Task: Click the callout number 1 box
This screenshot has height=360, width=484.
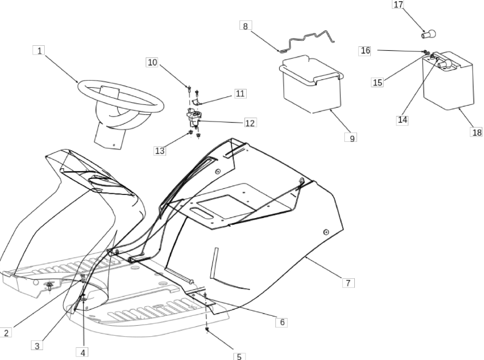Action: [39, 50]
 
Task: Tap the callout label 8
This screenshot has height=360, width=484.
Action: [246, 25]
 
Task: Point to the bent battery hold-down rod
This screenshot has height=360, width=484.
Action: [307, 41]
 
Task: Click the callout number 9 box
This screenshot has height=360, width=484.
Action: [351, 137]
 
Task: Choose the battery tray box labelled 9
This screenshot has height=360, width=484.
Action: [312, 84]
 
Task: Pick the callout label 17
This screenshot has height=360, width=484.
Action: [398, 4]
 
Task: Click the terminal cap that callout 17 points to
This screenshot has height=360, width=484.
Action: [429, 34]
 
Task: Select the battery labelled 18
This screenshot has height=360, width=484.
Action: [448, 81]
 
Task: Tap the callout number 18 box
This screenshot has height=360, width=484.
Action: [477, 132]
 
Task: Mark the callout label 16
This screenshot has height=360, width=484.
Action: [365, 51]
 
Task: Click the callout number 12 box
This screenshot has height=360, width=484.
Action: [251, 123]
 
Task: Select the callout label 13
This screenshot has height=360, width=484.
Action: [160, 151]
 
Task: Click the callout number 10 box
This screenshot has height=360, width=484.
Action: [152, 62]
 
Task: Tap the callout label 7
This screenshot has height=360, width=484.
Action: [348, 283]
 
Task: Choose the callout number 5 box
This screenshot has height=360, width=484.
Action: [239, 357]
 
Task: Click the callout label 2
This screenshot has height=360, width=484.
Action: [6, 333]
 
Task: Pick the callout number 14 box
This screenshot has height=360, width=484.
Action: [402, 120]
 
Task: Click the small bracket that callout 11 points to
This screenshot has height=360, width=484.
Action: [196, 102]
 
